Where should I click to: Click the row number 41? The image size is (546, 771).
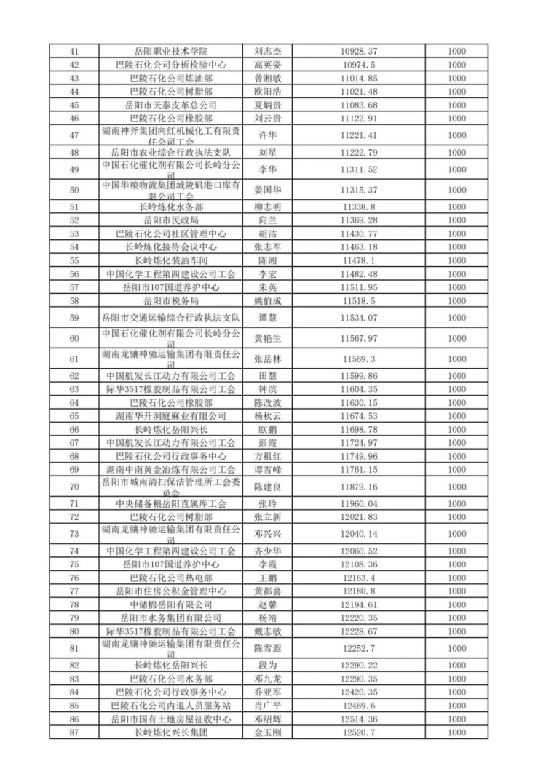coord(73,52)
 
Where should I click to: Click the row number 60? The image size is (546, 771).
coord(73,338)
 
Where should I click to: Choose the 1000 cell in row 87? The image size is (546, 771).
coord(456,732)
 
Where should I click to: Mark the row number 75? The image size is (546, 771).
coord(73,564)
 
